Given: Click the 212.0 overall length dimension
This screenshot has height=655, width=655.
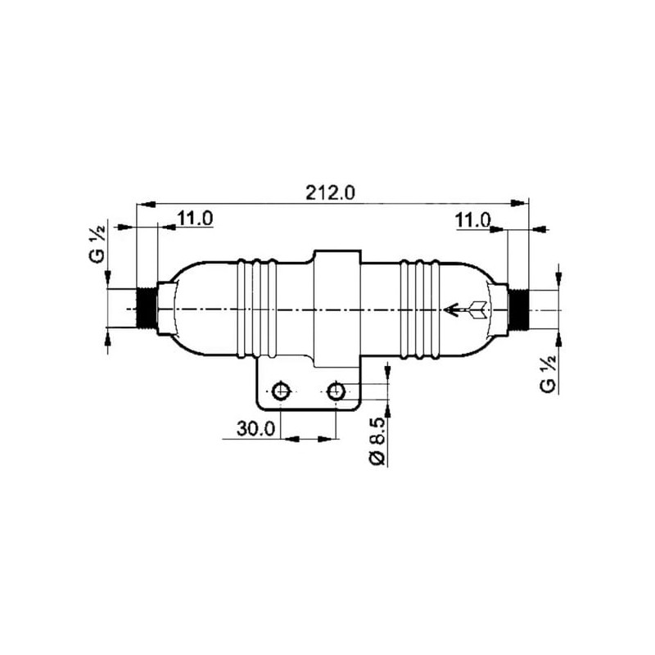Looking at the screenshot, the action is click(330, 193).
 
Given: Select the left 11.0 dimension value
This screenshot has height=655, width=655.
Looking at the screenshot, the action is click(195, 218).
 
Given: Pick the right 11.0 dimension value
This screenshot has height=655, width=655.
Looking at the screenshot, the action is click(472, 220).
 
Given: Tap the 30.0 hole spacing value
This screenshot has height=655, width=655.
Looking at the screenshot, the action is click(256, 428).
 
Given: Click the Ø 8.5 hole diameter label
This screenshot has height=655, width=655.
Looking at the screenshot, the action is click(377, 441).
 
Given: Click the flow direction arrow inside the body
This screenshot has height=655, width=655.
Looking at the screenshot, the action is click(465, 310).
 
